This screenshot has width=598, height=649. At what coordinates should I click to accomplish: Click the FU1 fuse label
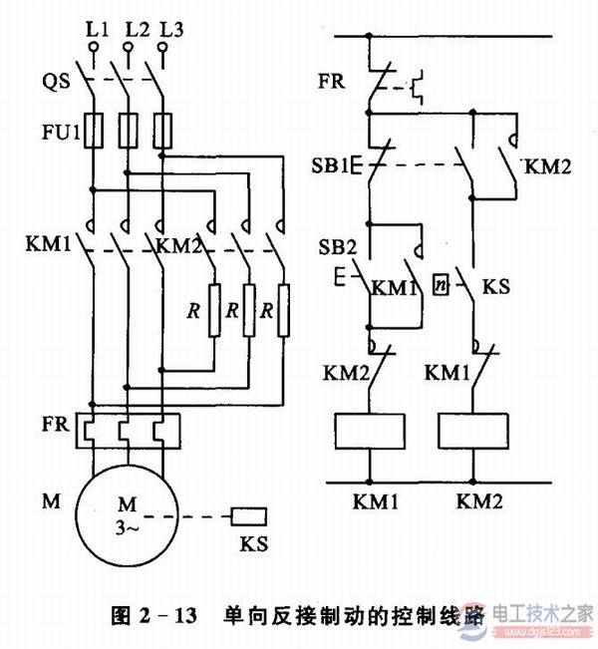pos(55,130)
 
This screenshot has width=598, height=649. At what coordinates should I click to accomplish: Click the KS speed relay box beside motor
pos(248,516)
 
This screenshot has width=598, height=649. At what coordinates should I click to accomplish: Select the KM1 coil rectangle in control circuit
pos(370,430)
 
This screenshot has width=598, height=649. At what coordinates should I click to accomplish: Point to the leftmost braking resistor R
pos(213,311)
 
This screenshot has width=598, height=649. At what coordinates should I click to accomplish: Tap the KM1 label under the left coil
pos(370,495)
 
